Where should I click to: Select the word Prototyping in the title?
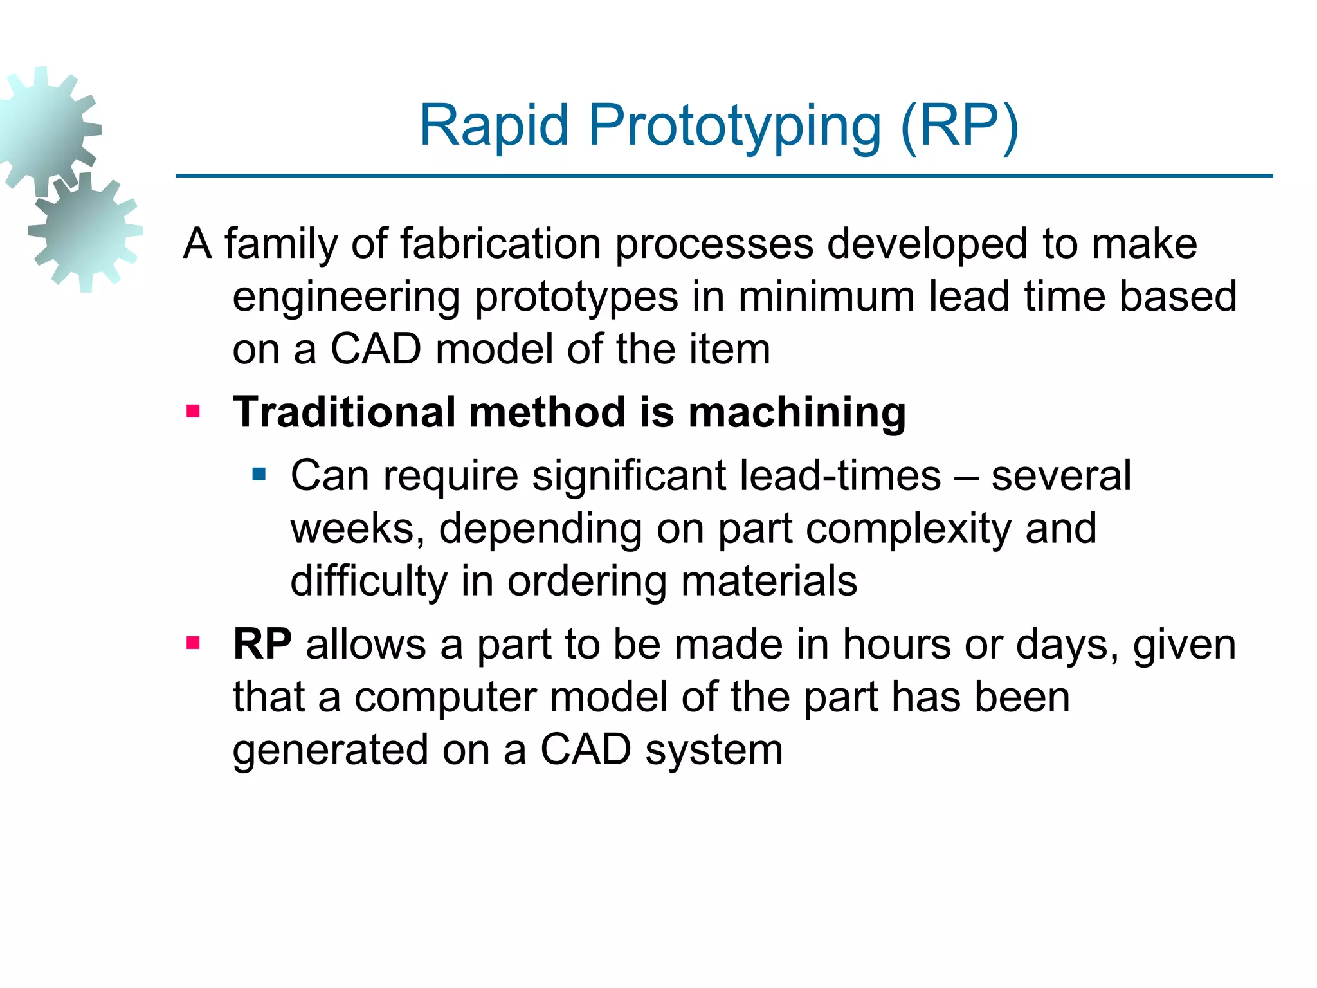pyautogui.click(x=734, y=127)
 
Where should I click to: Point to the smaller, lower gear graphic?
pyautogui.click(x=85, y=232)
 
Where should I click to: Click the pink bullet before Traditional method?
pyautogui.click(x=193, y=411)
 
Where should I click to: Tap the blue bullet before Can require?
pyautogui.click(x=259, y=475)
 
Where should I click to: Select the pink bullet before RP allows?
pyautogui.click(x=193, y=643)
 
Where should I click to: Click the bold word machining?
pyautogui.click(x=797, y=413)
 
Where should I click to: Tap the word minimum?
pyautogui.click(x=826, y=297)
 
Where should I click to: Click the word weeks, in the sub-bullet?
pyautogui.click(x=358, y=529)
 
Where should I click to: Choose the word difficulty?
pyautogui.click(x=368, y=581)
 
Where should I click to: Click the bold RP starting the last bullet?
pyautogui.click(x=262, y=644)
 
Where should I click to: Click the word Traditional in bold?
pyautogui.click(x=345, y=412)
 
